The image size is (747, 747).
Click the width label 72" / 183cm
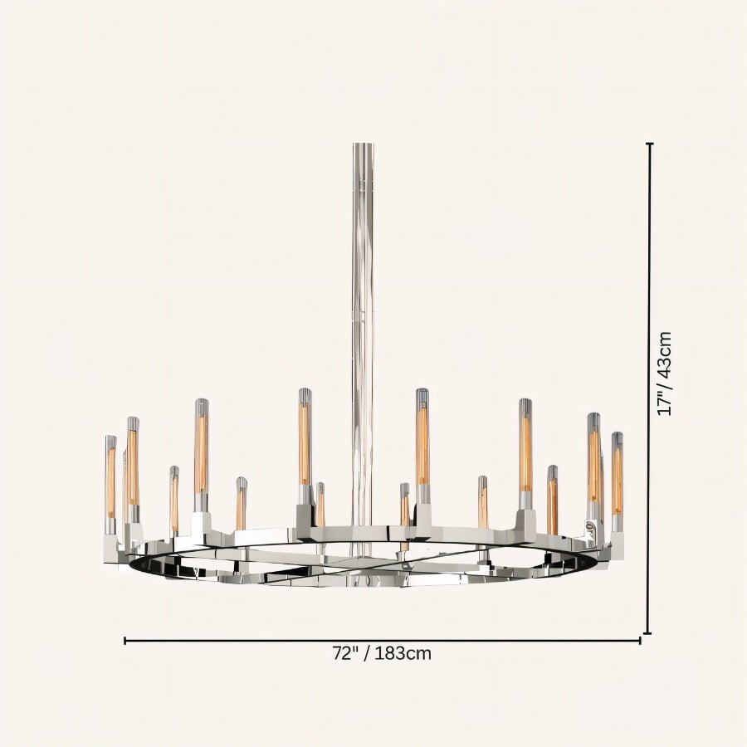coord(382,653)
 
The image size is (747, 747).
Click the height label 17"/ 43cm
coord(664,373)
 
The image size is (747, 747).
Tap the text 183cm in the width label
coord(403,653)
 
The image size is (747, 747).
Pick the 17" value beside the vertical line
coord(664,402)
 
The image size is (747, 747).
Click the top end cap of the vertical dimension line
coord(649,144)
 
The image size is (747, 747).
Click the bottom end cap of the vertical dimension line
coord(649,632)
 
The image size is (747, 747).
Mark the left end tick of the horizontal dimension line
coord(125,640)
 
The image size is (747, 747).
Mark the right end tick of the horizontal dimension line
coord(640,640)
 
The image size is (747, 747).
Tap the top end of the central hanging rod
coord(363,145)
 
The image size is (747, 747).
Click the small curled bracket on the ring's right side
coord(591,529)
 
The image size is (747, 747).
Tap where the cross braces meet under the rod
coord(362,561)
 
